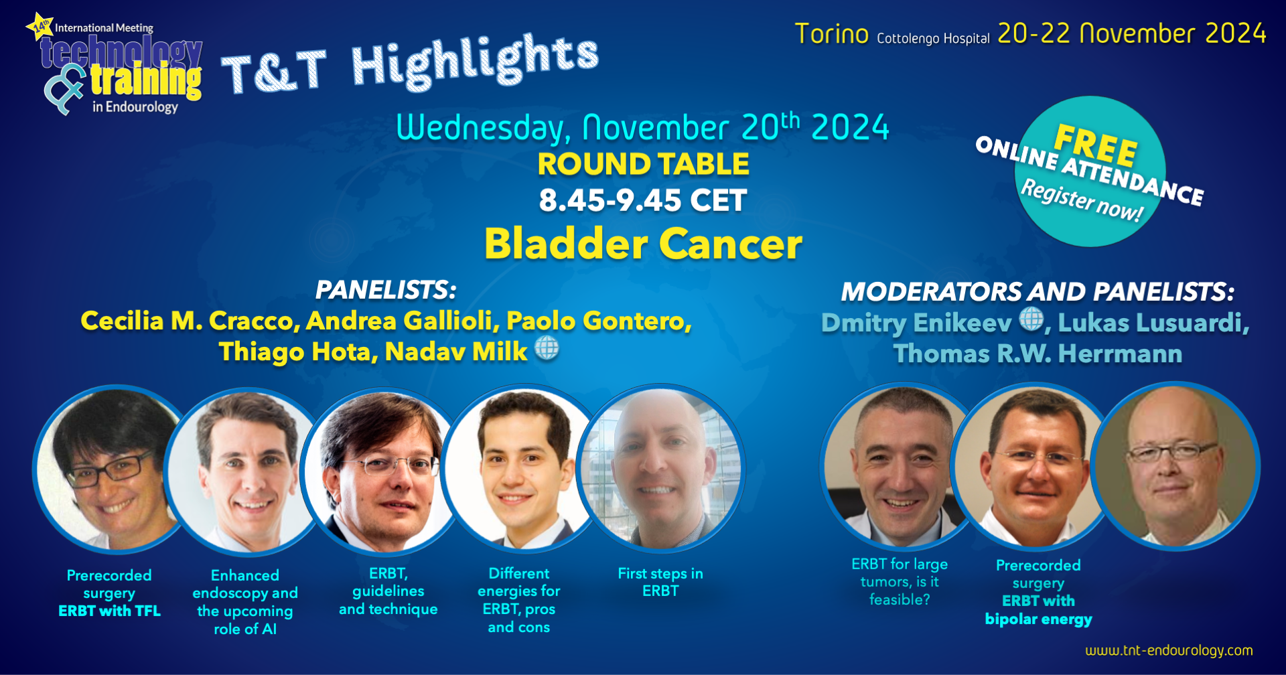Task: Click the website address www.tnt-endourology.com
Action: [x=1169, y=650]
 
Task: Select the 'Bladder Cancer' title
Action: [x=643, y=243]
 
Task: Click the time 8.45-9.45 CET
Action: [x=643, y=200]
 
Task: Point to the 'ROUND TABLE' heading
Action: [x=643, y=164]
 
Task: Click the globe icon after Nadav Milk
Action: [x=547, y=348]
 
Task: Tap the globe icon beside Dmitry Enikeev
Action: [x=1031, y=319]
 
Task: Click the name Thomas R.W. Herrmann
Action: [x=1038, y=354]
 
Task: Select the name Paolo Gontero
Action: [x=599, y=321]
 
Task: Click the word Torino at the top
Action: [x=831, y=33]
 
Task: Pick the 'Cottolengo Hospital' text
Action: [x=933, y=38]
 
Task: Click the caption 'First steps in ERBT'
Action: [x=660, y=582]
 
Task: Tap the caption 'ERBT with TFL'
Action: [x=109, y=611]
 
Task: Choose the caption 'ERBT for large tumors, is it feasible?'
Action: [x=900, y=581]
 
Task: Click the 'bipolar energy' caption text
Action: [x=1038, y=619]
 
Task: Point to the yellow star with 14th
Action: [x=40, y=26]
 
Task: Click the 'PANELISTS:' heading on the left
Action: [x=386, y=290]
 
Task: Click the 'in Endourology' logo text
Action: [x=135, y=106]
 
